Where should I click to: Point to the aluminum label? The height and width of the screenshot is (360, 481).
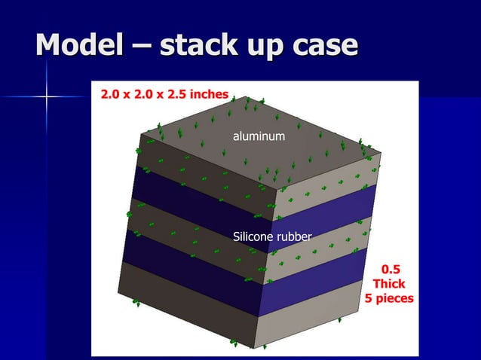click(x=259, y=137)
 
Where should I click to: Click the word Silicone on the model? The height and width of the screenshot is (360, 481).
click(x=251, y=238)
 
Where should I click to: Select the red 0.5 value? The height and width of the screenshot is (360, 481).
click(x=391, y=269)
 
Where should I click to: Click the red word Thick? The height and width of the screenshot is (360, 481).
click(x=389, y=284)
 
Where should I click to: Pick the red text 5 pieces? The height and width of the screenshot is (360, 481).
click(x=389, y=298)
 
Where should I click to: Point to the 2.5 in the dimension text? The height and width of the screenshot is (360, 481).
click(x=170, y=96)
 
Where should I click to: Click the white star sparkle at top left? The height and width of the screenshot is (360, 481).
click(x=47, y=96)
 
